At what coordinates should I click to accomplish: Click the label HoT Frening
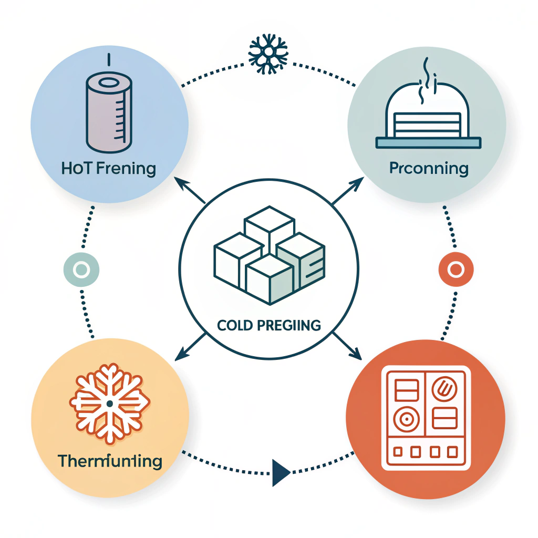[109, 169]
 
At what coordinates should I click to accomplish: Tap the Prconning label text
[429, 169]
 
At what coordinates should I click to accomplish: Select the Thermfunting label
[110, 461]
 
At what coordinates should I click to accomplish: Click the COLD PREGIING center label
[269, 325]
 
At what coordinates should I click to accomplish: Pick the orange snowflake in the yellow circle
[110, 402]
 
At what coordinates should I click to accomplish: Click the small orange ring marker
[456, 270]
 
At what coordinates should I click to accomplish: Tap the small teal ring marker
[81, 270]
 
